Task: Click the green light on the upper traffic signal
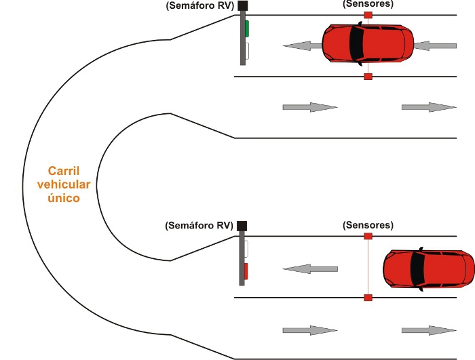(x=247, y=29)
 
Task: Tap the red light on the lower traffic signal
(x=247, y=271)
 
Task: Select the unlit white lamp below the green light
(x=247, y=51)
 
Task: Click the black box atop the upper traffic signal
(x=243, y=6)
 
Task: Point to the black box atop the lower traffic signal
(x=242, y=225)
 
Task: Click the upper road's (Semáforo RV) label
(x=199, y=6)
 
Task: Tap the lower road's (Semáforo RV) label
(x=199, y=225)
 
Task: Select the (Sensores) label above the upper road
(x=368, y=3)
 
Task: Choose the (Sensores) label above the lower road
(x=368, y=224)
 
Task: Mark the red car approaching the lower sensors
(x=427, y=271)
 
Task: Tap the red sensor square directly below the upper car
(x=368, y=77)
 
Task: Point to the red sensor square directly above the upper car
(x=368, y=14)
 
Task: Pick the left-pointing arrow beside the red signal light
(x=309, y=269)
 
